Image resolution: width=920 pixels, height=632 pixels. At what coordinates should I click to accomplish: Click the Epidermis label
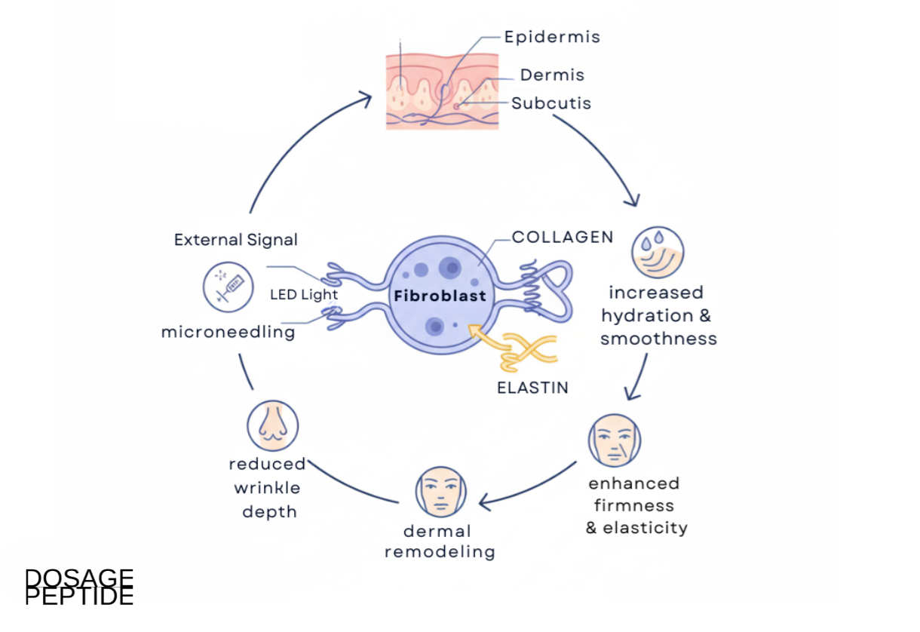[552, 37]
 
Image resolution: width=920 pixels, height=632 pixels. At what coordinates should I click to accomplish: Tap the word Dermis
[552, 75]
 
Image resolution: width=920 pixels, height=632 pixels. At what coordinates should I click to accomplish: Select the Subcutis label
[551, 103]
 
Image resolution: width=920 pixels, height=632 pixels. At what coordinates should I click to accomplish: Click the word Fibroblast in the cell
[440, 296]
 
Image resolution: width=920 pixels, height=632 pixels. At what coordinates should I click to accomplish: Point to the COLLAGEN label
[563, 237]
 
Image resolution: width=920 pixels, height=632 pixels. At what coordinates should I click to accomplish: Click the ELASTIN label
[532, 388]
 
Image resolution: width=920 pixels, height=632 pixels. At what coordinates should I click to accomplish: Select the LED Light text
[304, 294]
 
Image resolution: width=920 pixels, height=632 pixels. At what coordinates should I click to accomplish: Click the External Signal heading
[236, 240]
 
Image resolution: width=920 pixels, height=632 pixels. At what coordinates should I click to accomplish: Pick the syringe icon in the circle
[228, 287]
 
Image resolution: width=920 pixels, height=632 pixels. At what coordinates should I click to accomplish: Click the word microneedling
[228, 332]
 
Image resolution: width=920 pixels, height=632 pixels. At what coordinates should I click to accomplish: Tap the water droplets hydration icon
[658, 253]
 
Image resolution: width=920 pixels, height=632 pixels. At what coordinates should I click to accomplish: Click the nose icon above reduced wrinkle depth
[273, 426]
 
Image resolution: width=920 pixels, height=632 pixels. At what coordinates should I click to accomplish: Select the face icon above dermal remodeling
[440, 492]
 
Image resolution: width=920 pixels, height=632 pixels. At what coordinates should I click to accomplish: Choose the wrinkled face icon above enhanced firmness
[615, 440]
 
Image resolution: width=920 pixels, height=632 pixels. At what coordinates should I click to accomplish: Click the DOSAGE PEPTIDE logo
[79, 587]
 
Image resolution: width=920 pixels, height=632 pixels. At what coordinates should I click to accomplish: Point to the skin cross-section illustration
[443, 91]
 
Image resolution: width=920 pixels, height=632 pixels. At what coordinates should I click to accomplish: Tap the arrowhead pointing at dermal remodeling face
[484, 502]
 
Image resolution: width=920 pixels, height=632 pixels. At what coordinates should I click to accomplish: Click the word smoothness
[658, 339]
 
